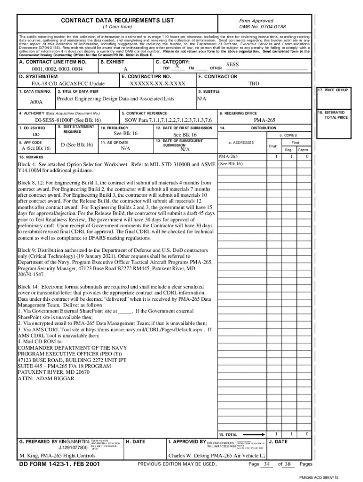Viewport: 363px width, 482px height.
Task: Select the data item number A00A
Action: [36, 102]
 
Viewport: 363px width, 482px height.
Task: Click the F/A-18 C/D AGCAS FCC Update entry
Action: [68, 83]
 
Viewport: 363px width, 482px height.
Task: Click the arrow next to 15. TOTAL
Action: [255, 434]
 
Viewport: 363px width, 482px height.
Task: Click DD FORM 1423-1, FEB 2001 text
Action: [59, 465]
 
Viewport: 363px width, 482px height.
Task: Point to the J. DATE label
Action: [279, 442]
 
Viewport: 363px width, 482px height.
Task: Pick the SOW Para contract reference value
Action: [168, 120]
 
